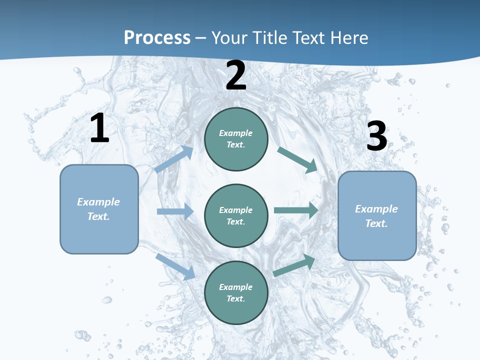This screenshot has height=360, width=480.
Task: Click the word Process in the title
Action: [157, 38]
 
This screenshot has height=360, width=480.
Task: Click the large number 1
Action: [99, 128]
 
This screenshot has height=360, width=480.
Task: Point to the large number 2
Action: [236, 76]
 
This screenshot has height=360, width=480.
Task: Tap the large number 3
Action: [376, 136]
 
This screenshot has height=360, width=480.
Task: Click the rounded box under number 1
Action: [99, 209]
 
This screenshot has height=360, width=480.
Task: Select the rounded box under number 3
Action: [377, 215]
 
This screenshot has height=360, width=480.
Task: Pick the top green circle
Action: [236, 139]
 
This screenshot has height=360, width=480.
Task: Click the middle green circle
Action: [236, 216]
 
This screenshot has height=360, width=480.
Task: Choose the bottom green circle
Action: [236, 293]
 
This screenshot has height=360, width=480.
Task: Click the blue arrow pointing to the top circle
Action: [174, 159]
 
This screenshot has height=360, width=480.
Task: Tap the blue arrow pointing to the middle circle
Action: [175, 211]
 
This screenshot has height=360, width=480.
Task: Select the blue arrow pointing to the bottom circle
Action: [175, 266]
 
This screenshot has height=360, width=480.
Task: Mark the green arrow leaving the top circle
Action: [298, 159]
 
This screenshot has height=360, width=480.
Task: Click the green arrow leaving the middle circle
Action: [296, 210]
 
